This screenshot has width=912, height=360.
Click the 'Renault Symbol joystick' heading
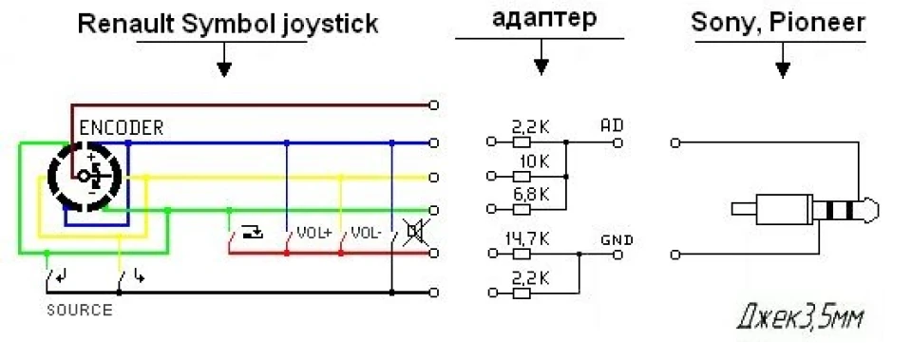click(229, 25)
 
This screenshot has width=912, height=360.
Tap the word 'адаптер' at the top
click(543, 19)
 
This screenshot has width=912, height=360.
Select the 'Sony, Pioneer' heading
click(778, 23)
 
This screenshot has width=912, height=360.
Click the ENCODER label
click(121, 127)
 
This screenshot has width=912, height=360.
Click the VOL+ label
click(313, 234)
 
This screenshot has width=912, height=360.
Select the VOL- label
click(365, 234)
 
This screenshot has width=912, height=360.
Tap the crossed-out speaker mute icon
click(413, 232)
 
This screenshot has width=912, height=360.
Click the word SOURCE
click(80, 310)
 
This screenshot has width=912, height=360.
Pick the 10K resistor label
click(530, 161)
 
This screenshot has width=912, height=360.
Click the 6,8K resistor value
click(530, 195)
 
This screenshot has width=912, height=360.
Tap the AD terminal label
click(612, 125)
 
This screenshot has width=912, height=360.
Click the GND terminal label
click(617, 239)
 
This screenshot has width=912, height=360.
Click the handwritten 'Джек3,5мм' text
click(800, 318)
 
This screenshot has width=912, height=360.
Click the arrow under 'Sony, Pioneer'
click(783, 60)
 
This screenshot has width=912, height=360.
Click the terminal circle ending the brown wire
click(433, 105)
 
